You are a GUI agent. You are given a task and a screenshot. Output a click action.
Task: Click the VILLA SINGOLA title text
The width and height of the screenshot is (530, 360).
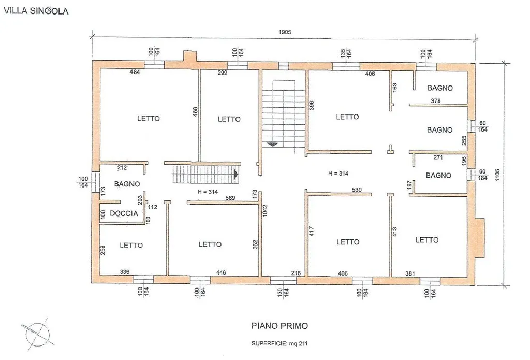point(36,11)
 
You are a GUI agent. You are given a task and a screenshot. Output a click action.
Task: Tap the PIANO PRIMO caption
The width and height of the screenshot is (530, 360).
point(279,326)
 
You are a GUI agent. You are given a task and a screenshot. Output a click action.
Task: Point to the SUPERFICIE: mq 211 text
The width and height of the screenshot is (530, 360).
point(279,343)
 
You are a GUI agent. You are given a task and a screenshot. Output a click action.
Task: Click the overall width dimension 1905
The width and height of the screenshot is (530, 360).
point(285,32)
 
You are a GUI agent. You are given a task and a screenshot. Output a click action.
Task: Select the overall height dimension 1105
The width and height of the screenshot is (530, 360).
point(497,175)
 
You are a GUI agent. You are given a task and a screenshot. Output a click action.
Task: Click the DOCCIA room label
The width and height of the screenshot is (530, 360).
point(124,213)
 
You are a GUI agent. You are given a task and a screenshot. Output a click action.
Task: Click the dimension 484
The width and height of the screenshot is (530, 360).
point(135,71)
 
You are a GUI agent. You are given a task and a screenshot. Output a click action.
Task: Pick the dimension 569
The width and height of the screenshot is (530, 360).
point(230,198)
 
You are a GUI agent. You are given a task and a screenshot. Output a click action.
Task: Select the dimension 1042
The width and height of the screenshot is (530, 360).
point(265,211)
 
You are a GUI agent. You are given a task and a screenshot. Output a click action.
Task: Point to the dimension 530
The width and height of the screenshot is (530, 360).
point(357,190)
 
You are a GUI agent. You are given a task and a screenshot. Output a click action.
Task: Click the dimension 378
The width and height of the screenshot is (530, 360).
point(436,101)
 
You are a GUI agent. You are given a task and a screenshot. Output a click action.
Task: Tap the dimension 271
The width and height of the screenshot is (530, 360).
point(438,157)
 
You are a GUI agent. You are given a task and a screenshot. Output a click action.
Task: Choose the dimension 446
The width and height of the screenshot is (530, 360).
point(221,272)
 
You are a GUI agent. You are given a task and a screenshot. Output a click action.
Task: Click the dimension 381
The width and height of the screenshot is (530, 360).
point(410,273)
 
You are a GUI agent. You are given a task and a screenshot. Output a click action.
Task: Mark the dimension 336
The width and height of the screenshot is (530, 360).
point(125,272)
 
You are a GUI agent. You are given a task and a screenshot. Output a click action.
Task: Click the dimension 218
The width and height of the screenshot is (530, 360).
point(296,273)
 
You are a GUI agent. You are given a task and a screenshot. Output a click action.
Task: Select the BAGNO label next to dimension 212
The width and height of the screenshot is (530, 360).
point(127,184)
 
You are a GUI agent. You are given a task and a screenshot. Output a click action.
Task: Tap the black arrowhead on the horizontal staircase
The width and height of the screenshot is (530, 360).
point(236,175)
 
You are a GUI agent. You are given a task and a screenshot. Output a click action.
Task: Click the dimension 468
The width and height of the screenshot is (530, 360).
point(195,112)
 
